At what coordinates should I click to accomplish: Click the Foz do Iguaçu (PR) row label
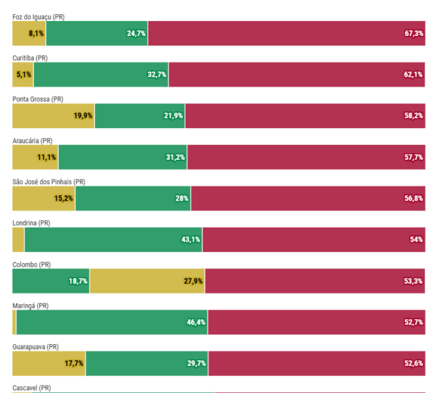point(39,16)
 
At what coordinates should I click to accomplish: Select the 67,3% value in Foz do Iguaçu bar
point(414,33)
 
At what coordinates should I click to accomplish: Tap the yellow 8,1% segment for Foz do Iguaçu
point(29,33)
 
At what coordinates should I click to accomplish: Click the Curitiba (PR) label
point(30,58)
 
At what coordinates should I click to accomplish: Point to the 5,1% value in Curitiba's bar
point(23,75)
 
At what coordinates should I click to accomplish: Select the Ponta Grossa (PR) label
point(37,99)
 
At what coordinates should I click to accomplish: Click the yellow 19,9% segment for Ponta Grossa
point(54,116)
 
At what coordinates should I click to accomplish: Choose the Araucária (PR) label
point(33,140)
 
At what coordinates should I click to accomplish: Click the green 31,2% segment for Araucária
point(123,157)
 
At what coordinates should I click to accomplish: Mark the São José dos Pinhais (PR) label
point(49,182)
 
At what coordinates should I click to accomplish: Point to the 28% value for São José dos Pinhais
point(182,199)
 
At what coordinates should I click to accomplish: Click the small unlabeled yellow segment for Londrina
point(18,240)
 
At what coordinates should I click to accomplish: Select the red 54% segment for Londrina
point(314,240)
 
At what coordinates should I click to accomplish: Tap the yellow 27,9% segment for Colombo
point(147,281)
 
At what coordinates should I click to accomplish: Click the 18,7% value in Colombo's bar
point(78,281)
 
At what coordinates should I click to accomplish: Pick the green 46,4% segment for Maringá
point(112,323)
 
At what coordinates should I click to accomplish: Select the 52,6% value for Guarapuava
point(414,364)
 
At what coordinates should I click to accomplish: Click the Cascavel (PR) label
point(31,388)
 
